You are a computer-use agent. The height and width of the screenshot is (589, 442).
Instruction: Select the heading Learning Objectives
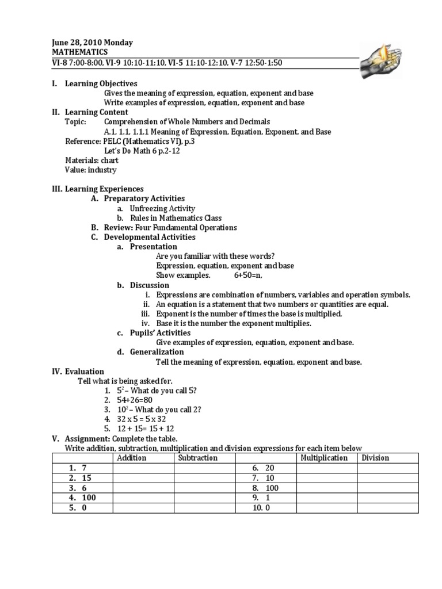click(x=101, y=84)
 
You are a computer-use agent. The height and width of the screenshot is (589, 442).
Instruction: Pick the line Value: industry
click(x=90, y=170)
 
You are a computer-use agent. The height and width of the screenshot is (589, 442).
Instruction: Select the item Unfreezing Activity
click(x=162, y=208)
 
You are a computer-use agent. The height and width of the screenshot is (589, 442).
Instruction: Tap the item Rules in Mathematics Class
click(x=176, y=218)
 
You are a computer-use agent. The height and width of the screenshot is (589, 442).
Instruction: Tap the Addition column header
click(x=132, y=458)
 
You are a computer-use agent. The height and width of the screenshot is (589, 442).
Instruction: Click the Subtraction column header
click(x=198, y=458)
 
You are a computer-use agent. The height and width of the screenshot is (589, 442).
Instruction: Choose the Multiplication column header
click(x=324, y=458)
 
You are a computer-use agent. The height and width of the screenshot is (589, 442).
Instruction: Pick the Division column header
click(x=375, y=458)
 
